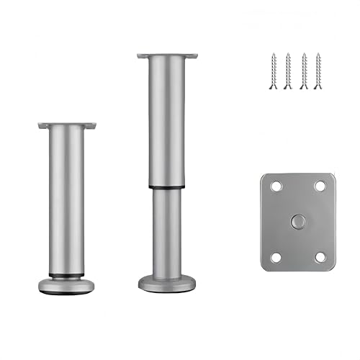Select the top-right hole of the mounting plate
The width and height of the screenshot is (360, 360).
[320, 186]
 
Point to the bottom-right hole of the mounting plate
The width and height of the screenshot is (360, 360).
[320, 256]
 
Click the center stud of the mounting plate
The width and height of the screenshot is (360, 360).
[298, 222]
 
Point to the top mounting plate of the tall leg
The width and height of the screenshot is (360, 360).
[168, 55]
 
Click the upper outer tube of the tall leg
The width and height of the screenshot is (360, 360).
[168, 122]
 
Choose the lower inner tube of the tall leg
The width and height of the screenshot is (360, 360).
[168, 230]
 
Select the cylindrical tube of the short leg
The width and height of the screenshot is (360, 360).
[67, 202]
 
